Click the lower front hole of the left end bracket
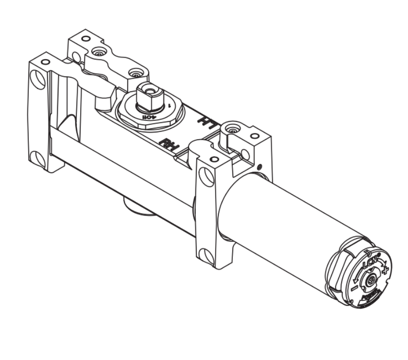pyautogui.click(x=36, y=156)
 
